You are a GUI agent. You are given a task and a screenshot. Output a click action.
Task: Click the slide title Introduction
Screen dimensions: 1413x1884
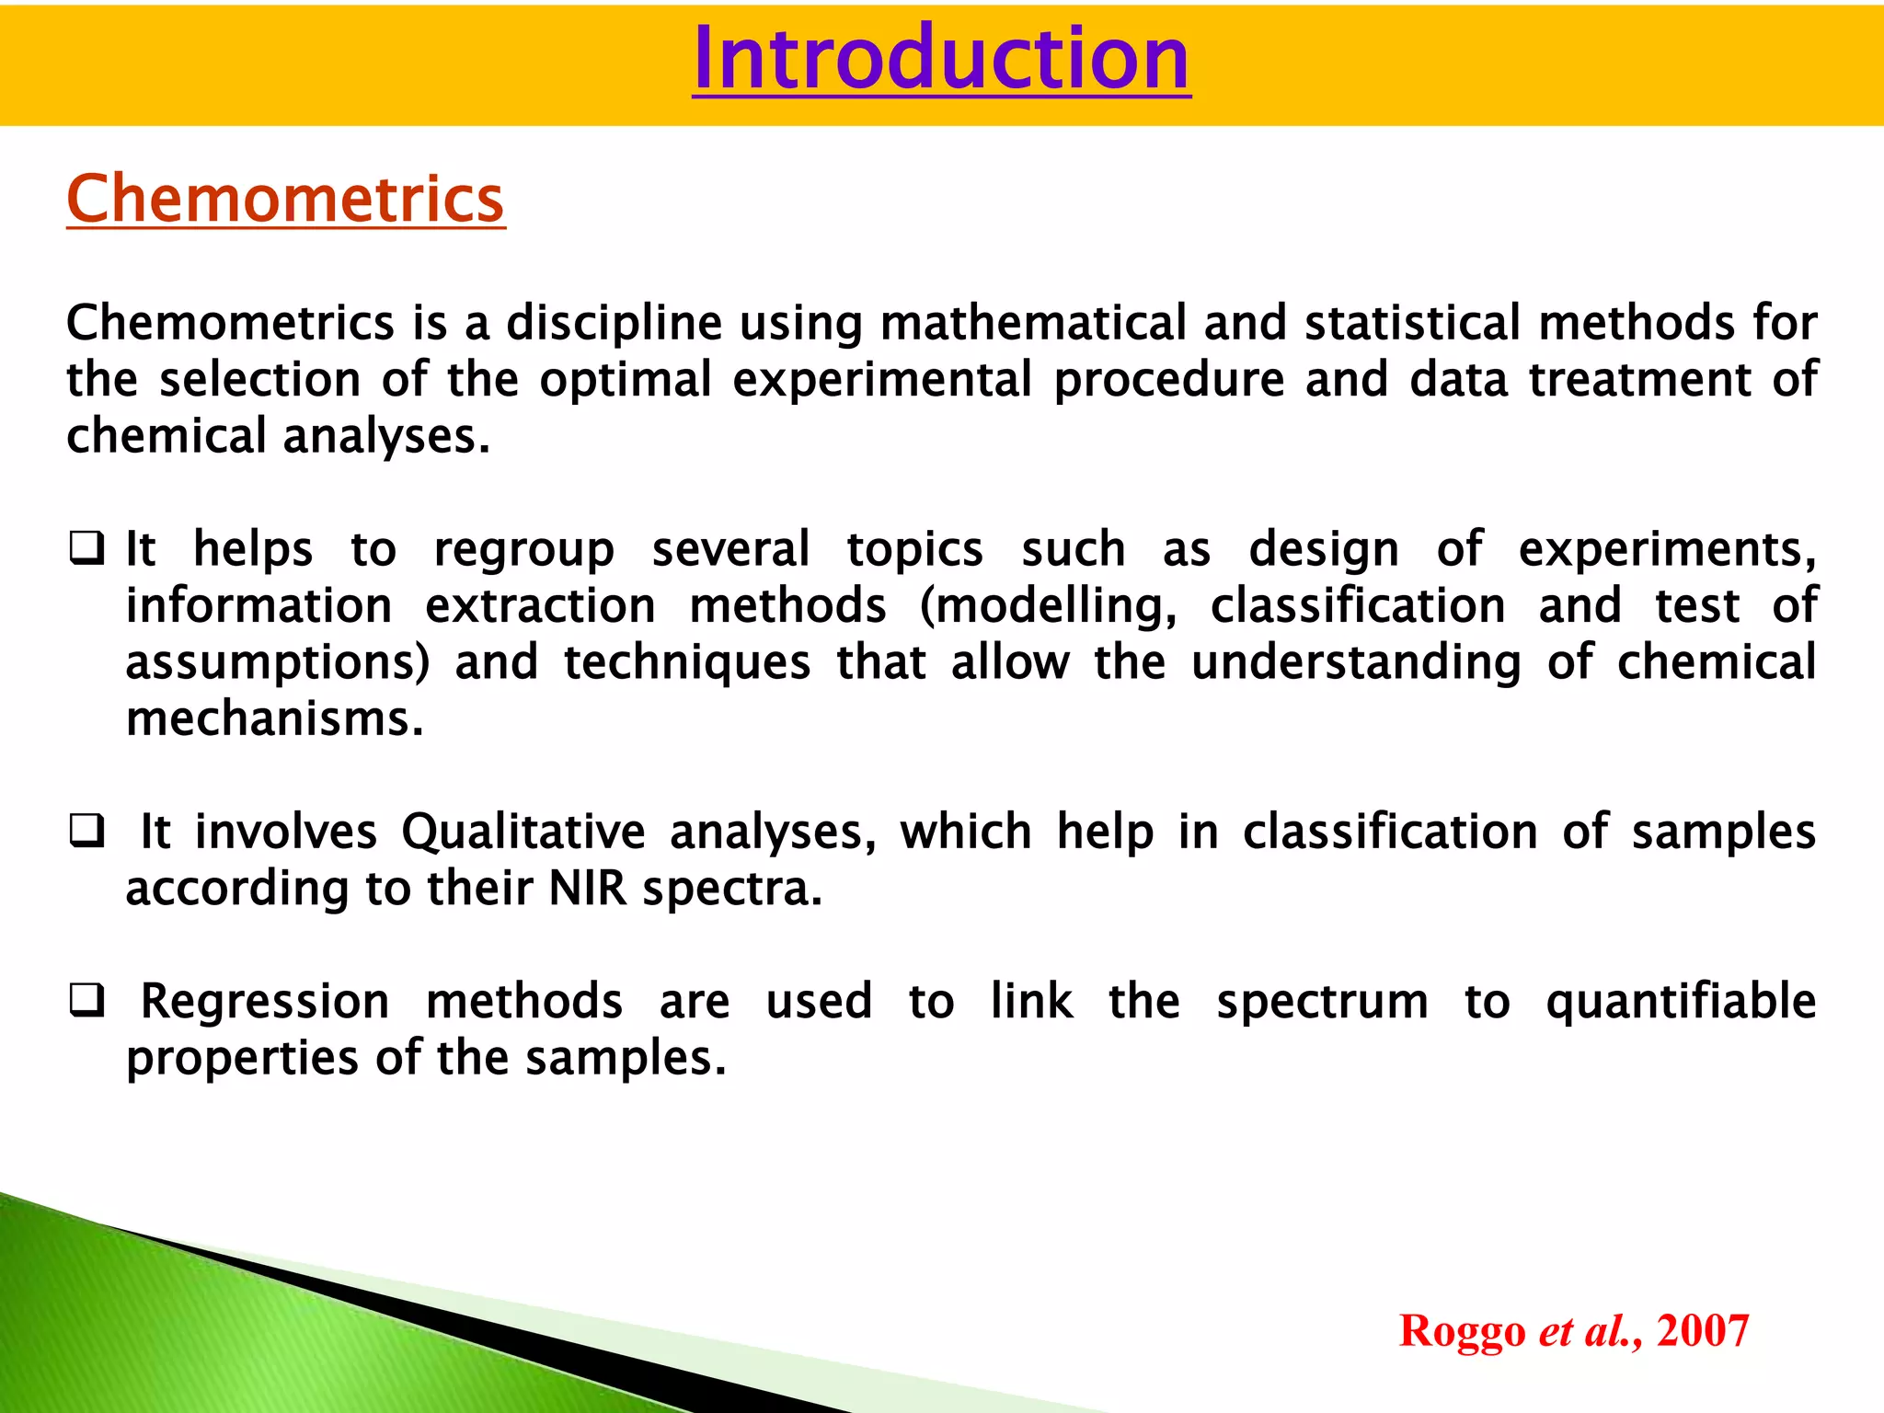941,60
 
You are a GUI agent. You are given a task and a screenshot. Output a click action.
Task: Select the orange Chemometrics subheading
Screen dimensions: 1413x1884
285,199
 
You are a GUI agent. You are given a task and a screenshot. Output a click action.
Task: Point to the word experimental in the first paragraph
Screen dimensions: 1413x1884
882,381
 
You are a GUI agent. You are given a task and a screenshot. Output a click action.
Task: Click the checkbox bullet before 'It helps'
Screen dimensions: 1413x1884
86,549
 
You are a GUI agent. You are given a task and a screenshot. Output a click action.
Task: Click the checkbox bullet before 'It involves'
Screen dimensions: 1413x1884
86,832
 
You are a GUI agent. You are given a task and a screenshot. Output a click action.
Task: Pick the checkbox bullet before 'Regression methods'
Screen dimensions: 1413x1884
86,1001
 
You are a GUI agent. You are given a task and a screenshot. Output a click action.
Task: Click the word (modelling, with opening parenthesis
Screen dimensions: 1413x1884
1048,607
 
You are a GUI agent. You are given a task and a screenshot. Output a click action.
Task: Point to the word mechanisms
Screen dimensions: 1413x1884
274,719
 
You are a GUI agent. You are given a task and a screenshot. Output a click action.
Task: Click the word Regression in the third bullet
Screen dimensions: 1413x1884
265,1003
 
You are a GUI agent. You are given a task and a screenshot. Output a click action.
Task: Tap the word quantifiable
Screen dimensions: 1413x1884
1680,1003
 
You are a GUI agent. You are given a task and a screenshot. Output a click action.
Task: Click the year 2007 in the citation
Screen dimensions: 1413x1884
1702,1331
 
